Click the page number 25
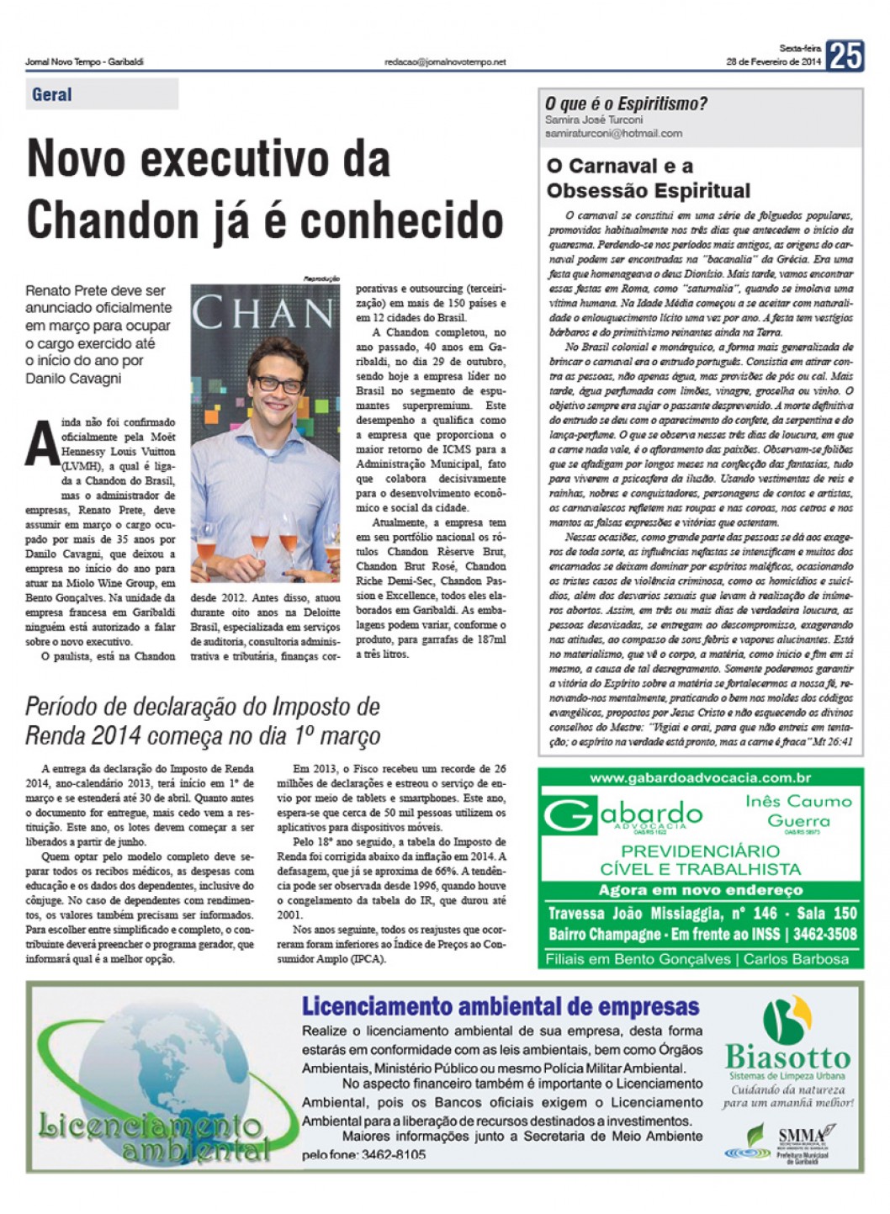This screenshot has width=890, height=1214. click(845, 56)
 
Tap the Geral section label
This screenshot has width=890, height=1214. click(52, 94)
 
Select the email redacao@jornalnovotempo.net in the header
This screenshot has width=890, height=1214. click(445, 61)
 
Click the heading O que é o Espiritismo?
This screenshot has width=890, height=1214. click(626, 104)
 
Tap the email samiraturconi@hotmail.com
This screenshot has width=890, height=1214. click(613, 133)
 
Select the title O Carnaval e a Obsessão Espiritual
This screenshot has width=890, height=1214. click(648, 178)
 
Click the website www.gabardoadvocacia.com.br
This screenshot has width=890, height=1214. click(700, 778)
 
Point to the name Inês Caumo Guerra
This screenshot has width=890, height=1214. click(798, 811)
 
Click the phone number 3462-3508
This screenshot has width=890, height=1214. click(824, 934)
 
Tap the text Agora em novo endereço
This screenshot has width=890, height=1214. click(701, 890)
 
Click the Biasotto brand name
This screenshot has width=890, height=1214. click(787, 1057)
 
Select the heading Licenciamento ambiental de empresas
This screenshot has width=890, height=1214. click(501, 1006)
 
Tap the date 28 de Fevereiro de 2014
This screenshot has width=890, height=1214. click(773, 62)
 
